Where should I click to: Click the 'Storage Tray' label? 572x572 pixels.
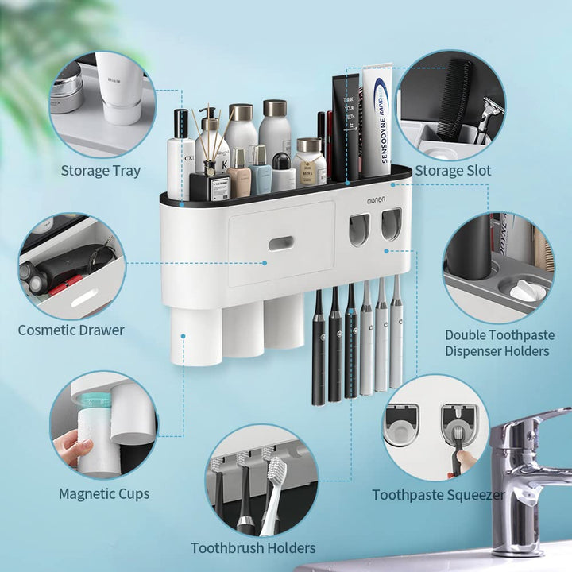point(101,171)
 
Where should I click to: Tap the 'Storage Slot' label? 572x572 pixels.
point(453,171)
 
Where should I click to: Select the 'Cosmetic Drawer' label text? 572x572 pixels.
point(71,330)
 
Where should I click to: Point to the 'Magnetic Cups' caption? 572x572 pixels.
point(104,494)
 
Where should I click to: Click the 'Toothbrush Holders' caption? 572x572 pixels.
point(253,548)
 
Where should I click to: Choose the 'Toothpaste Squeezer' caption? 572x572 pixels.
point(439,495)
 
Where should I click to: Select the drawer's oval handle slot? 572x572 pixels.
point(281,242)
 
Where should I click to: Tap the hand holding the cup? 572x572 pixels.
point(74,447)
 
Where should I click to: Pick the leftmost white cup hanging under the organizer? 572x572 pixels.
point(195,334)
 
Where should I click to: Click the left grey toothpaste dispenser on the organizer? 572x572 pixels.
point(358,228)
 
